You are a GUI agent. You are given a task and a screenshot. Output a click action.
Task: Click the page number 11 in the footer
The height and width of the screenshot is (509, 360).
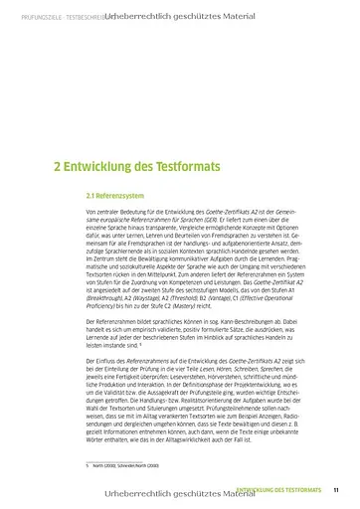click(337, 489)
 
